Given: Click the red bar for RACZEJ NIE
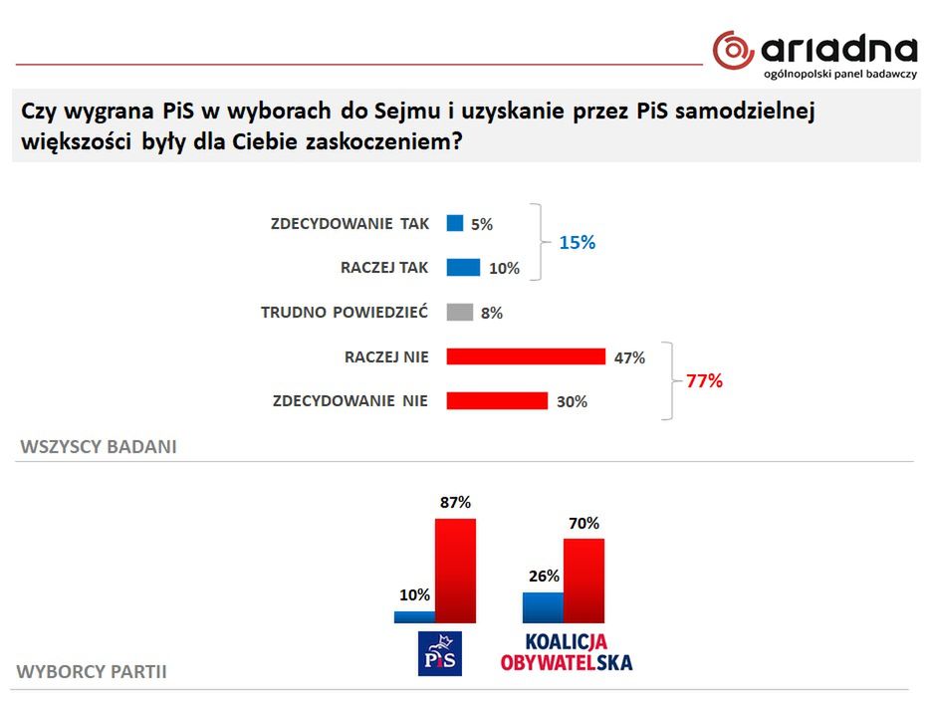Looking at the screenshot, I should (526, 356).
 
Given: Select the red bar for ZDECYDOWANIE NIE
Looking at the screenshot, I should (497, 400).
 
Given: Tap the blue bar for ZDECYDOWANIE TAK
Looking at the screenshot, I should (455, 223).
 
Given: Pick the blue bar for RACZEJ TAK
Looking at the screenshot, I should (463, 267).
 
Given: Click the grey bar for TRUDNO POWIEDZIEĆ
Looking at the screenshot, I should (459, 312).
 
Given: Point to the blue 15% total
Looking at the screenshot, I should (577, 242).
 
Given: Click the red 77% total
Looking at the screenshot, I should (704, 380).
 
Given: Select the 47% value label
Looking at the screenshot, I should (630, 357).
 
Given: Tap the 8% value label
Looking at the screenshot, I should (491, 313).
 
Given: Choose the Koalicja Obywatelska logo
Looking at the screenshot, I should (566, 651).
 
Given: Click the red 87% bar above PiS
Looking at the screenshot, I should (455, 570).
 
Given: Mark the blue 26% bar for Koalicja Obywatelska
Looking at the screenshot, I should (543, 606).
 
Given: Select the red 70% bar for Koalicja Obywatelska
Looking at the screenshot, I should (583, 581).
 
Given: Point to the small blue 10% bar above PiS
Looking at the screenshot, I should (413, 616).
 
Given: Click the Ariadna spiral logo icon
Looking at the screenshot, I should (732, 50).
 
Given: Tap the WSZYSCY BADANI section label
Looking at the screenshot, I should (98, 446).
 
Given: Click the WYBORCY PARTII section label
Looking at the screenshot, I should (92, 672).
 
